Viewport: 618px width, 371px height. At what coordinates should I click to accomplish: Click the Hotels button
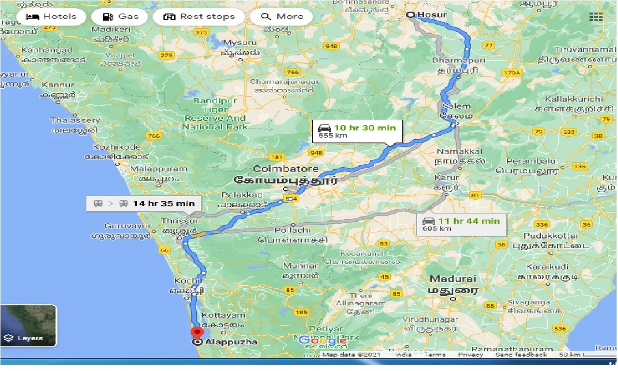pyautogui.click(x=51, y=16)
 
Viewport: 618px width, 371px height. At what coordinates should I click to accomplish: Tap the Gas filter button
pyautogui.click(x=121, y=16)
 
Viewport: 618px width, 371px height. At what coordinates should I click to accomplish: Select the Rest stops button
pyautogui.click(x=199, y=16)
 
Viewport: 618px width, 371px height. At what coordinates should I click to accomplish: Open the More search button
pyautogui.click(x=281, y=16)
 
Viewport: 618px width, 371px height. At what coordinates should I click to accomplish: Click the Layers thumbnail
pyautogui.click(x=28, y=326)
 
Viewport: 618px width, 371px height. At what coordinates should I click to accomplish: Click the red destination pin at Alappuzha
pyautogui.click(x=197, y=333)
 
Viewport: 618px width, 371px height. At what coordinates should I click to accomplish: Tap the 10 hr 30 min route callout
pyautogui.click(x=357, y=131)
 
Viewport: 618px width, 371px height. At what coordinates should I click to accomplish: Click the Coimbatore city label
pyautogui.click(x=286, y=169)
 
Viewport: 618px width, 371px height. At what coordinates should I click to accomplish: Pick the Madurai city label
pyautogui.click(x=453, y=279)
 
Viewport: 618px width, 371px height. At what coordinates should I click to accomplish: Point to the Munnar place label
pyautogui.click(x=300, y=266)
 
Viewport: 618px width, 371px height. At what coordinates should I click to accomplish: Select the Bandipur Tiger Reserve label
pyautogui.click(x=215, y=114)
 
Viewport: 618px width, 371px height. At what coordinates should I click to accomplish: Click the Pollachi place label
pyautogui.click(x=292, y=230)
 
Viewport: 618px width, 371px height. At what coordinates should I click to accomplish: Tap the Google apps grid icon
pyautogui.click(x=596, y=17)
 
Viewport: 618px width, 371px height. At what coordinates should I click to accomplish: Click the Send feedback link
pyautogui.click(x=521, y=355)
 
